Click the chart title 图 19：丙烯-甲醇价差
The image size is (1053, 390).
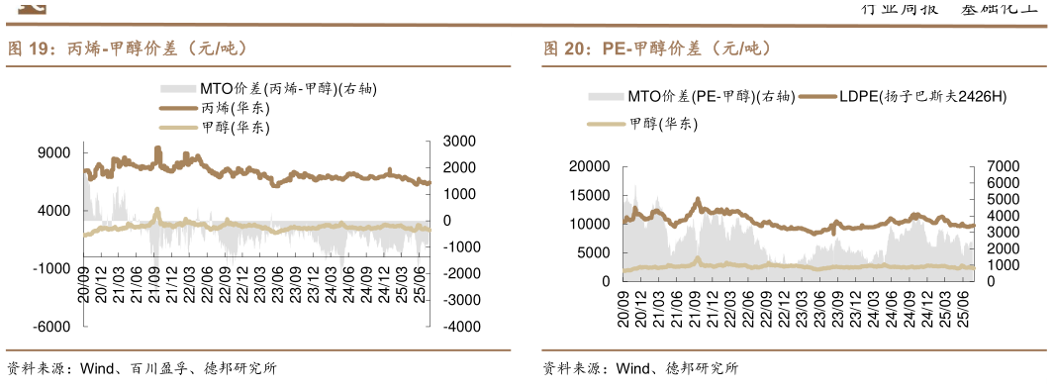128,48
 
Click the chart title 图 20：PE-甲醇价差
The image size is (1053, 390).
656,48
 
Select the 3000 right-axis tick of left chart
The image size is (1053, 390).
460,142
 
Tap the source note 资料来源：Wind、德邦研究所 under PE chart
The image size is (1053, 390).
640,369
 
